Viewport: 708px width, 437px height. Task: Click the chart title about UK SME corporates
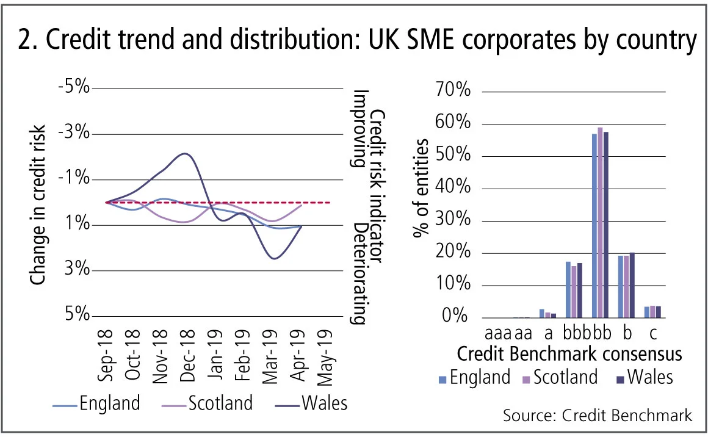click(354, 41)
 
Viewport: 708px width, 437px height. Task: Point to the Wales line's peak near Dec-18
click(184, 154)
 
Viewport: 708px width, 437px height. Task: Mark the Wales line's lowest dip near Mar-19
click(273, 258)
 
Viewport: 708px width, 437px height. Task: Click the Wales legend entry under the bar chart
click(645, 377)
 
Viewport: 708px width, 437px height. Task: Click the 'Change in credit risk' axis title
click(38, 204)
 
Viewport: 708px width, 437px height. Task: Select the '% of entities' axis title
click(422, 189)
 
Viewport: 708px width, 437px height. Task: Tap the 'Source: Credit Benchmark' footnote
click(598, 416)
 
